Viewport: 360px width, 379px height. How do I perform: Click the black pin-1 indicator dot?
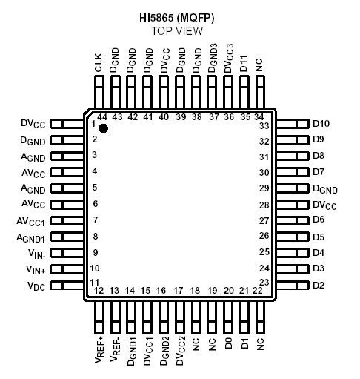click(104, 128)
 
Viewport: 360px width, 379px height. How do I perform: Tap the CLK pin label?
click(99, 65)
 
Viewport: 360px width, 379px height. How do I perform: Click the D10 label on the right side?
click(321, 123)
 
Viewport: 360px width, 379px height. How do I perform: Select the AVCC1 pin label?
click(31, 220)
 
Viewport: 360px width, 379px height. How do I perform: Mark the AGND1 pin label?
click(31, 237)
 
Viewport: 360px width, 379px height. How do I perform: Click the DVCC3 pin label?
click(227, 59)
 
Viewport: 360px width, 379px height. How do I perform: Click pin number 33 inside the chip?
click(262, 125)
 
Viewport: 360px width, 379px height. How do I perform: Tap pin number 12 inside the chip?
click(99, 290)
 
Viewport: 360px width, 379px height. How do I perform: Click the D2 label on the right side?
click(319, 286)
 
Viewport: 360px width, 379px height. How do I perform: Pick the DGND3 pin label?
click(211, 59)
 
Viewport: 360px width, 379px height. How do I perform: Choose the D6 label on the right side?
click(319, 220)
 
